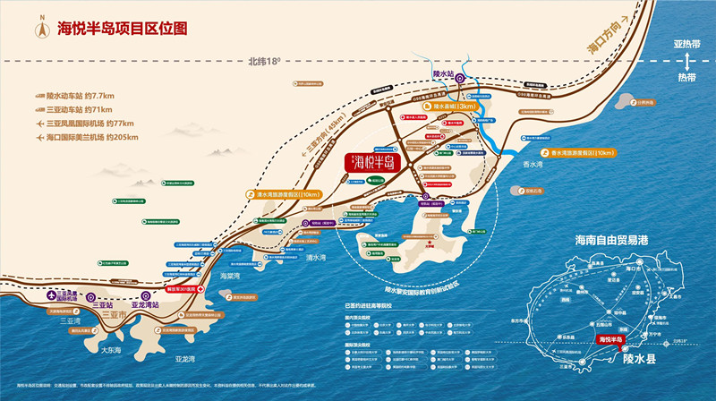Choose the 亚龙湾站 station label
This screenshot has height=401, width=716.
tap(144, 304)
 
